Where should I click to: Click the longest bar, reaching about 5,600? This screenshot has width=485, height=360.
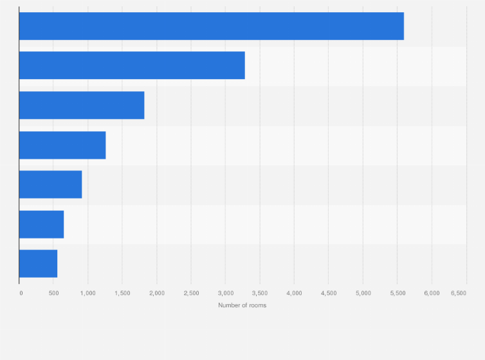tap(211, 26)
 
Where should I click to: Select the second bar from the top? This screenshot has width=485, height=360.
tap(132, 66)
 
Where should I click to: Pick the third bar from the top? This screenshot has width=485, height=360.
tap(82, 105)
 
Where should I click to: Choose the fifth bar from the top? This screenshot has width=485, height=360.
tap(50, 184)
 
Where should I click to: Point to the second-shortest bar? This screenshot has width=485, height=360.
tap(41, 224)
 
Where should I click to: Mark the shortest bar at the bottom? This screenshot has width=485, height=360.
tap(38, 264)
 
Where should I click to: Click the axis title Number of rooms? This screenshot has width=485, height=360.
tap(242, 305)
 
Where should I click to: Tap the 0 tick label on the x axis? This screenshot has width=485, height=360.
tap(21, 293)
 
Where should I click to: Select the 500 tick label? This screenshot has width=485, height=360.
tap(53, 293)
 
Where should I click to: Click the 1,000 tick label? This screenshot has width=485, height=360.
tap(88, 293)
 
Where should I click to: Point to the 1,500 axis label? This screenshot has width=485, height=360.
tap(122, 293)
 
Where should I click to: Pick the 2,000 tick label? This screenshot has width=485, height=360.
tap(157, 293)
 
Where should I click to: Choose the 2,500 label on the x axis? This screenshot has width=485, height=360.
tap(191, 293)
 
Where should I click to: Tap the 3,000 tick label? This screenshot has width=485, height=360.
tap(225, 293)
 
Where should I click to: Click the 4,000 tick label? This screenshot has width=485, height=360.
tap(294, 293)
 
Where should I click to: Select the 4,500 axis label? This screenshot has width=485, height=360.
tap(329, 293)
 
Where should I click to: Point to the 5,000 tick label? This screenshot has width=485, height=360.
tap(363, 293)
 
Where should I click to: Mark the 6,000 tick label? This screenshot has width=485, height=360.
tap(432, 293)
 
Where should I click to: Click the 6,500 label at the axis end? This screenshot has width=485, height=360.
tap(459, 293)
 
